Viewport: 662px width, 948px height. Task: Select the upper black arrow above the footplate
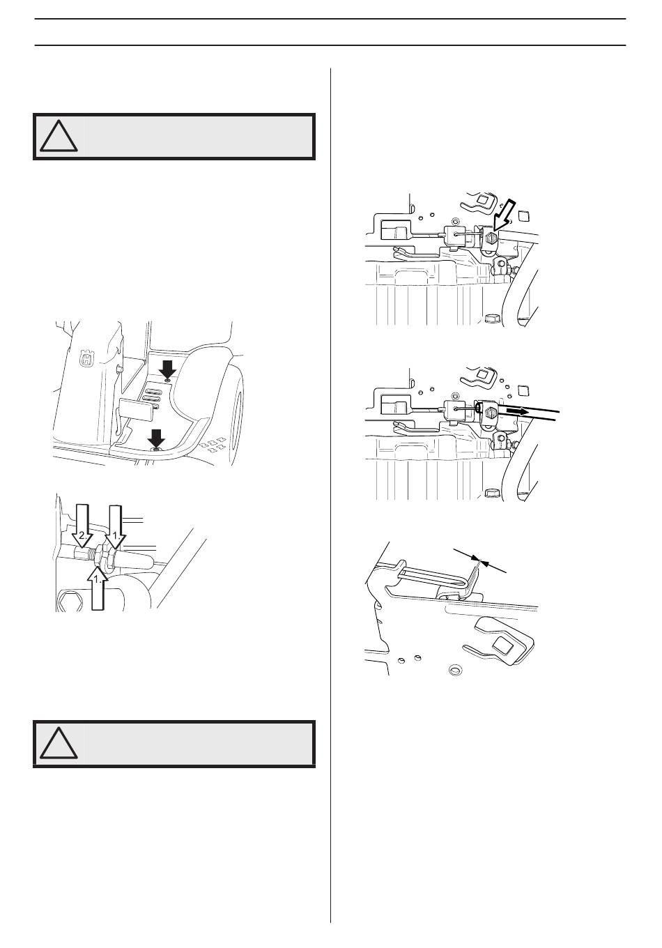pyautogui.click(x=168, y=368)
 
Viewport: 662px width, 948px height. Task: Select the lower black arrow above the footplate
pyautogui.click(x=157, y=438)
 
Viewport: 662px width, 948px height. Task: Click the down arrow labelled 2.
pyautogui.click(x=82, y=526)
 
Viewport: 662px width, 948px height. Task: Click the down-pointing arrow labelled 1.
pyautogui.click(x=116, y=526)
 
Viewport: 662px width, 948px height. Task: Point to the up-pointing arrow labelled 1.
pyautogui.click(x=98, y=586)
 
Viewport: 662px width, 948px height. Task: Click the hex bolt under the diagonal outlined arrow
pyautogui.click(x=490, y=240)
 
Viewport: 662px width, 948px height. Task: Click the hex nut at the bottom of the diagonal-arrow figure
pyautogui.click(x=493, y=317)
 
